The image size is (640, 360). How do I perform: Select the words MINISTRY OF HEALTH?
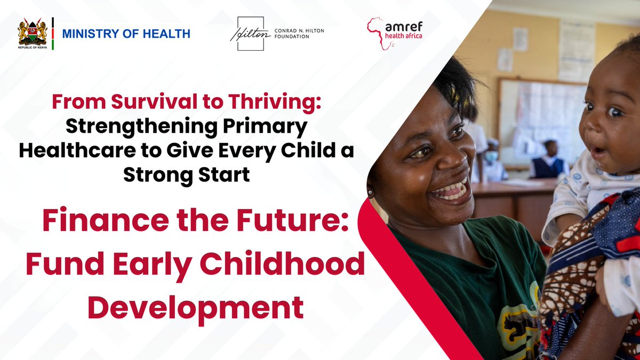[126, 34]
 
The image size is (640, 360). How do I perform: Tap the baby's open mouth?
[598, 152]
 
